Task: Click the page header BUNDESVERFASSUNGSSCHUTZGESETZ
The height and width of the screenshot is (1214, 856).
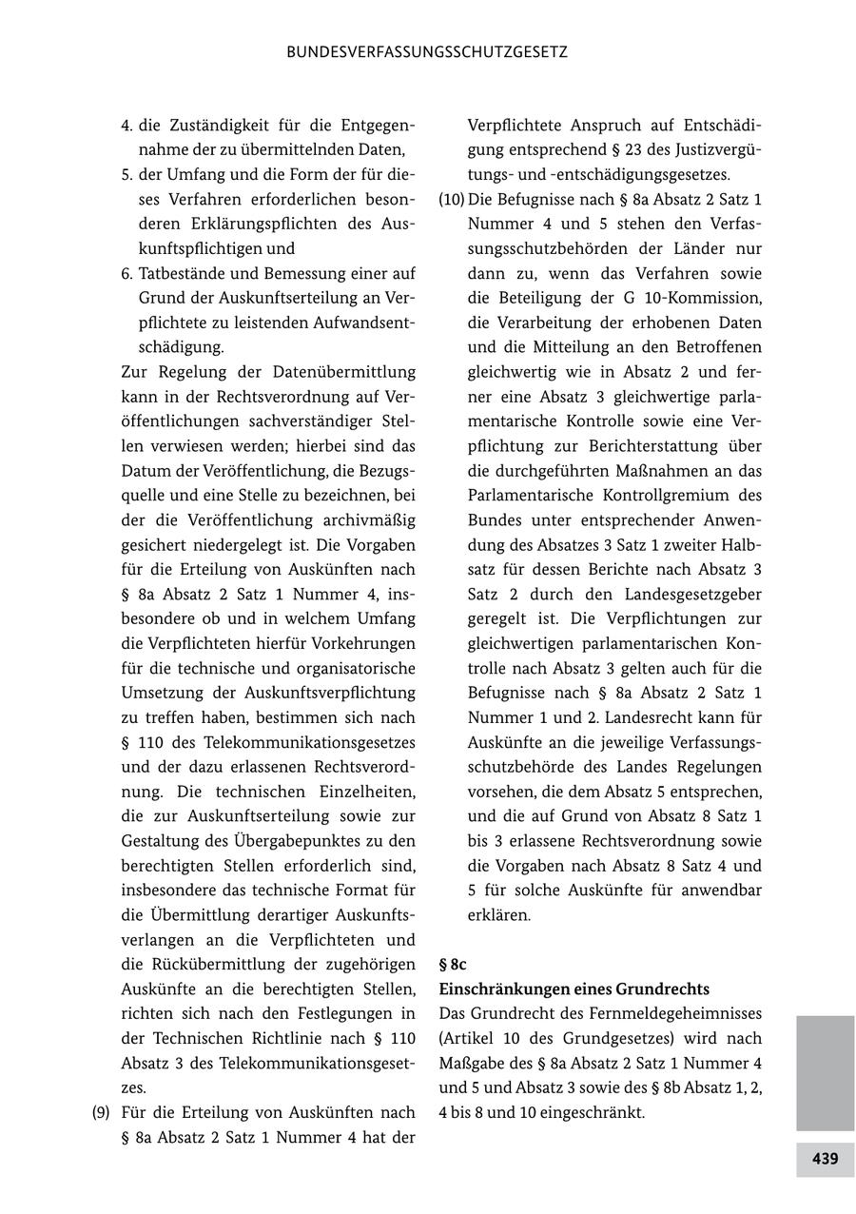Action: [427, 52]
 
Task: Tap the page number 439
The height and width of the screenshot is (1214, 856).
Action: [825, 1159]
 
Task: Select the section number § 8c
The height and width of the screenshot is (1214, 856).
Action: [453, 964]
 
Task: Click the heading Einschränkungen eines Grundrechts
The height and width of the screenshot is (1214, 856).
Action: [574, 989]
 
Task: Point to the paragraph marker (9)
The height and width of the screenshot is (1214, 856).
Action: [102, 1112]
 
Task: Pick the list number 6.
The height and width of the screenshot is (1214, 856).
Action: [126, 273]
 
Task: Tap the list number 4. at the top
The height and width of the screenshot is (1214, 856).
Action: [126, 126]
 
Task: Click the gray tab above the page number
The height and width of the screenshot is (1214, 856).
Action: [825, 1072]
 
